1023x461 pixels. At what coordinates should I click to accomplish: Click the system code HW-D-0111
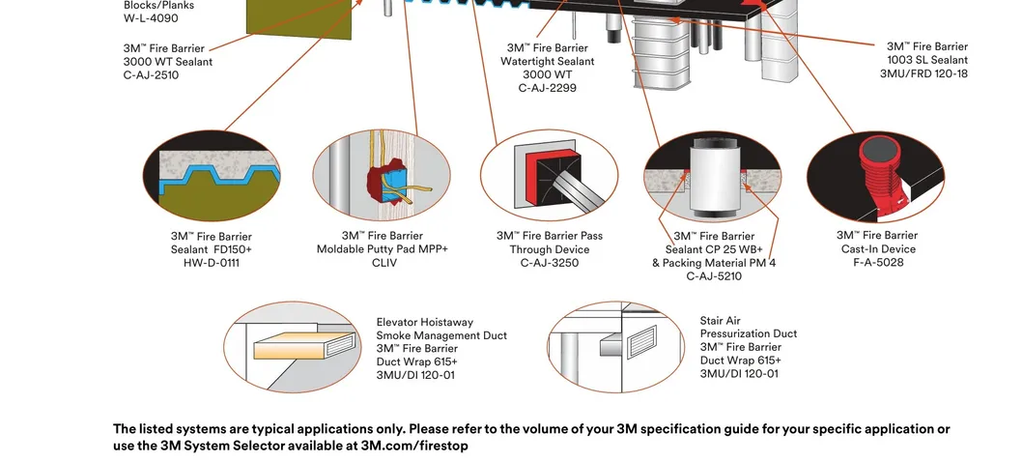(211, 263)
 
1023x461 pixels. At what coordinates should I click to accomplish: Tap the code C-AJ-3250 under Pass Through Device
(549, 263)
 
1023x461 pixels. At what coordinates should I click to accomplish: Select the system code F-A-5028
(877, 262)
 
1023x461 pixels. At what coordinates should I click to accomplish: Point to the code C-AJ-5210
(714, 276)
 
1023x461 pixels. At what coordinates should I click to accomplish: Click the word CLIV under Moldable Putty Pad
(384, 263)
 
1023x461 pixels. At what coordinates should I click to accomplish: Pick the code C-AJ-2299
(547, 88)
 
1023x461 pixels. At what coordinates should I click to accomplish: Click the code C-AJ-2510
(151, 75)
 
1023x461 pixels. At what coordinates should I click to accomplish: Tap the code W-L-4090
(151, 17)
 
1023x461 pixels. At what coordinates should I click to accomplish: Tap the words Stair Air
(720, 321)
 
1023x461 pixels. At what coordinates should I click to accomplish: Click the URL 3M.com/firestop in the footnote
(414, 446)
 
